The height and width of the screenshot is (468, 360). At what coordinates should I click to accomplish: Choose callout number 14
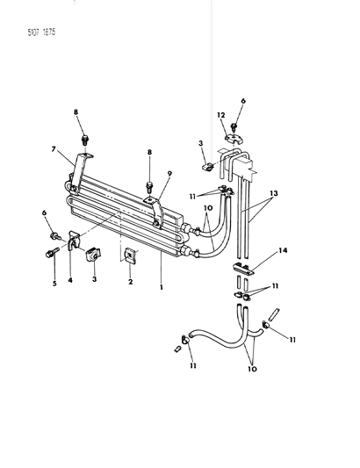pyautogui.click(x=284, y=250)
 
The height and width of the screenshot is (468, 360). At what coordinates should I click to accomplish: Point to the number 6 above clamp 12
pyautogui.click(x=243, y=101)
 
